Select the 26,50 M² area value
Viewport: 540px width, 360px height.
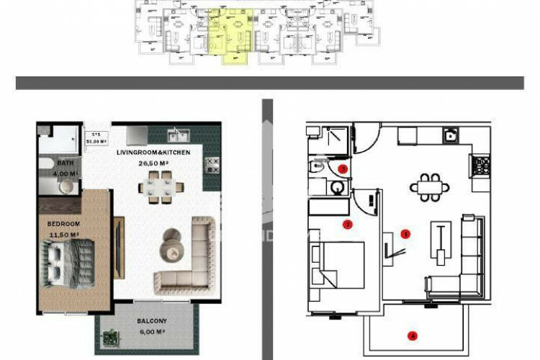tap(152, 163)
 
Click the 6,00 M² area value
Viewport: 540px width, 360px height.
tap(152, 332)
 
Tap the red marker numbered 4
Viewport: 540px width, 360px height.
tap(413, 335)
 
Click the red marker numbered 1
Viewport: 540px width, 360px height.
tap(405, 234)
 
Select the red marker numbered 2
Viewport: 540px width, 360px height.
tap(348, 224)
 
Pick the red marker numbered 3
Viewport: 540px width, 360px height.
tap(343, 169)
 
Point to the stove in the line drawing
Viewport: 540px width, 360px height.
tap(481, 168)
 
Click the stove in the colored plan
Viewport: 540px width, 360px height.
tap(211, 167)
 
